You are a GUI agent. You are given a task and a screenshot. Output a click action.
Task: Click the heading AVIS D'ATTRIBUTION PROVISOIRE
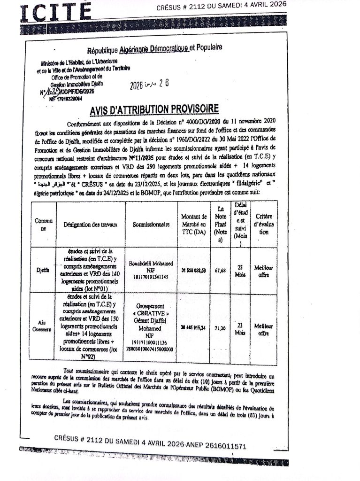pyautogui.click(x=154, y=109)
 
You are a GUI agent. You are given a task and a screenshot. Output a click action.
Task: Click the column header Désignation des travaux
pyautogui.click(x=91, y=225)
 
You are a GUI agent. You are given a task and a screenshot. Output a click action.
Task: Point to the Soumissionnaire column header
pyautogui.click(x=151, y=225)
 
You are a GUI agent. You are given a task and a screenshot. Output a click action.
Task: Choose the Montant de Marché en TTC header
pyautogui.click(x=194, y=224)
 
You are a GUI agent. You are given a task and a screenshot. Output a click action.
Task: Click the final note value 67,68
pyautogui.click(x=220, y=271)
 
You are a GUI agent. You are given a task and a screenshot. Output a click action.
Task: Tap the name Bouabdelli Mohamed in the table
pyautogui.click(x=151, y=264)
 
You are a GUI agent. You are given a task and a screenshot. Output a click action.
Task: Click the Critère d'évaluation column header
pyautogui.click(x=264, y=224)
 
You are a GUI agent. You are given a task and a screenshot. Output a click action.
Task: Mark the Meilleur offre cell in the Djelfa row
pyautogui.click(x=263, y=271)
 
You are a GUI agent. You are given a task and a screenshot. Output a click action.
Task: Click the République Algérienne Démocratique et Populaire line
pyautogui.click(x=154, y=49)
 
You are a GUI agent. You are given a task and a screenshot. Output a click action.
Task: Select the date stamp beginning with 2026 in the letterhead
pyautogui.click(x=149, y=85)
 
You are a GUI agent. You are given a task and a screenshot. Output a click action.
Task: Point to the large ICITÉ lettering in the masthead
pyautogui.click(x=55, y=12)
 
